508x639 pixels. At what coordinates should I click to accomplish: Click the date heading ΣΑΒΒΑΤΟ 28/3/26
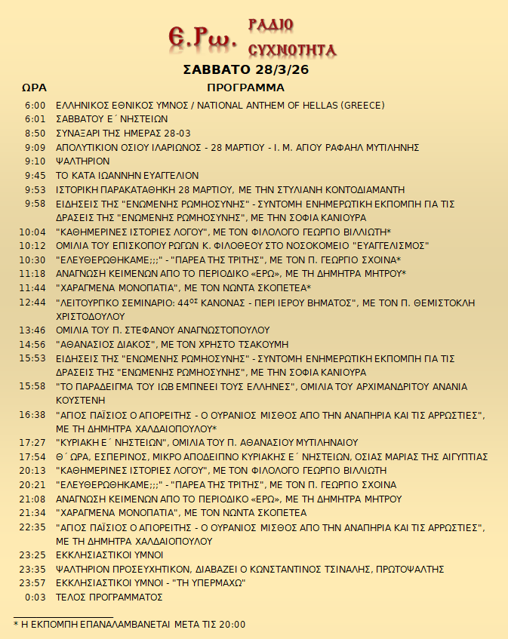click(246, 70)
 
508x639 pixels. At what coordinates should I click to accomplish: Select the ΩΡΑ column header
click(34, 88)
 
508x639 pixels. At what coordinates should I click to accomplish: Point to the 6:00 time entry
click(35, 105)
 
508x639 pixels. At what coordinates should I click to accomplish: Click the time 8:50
click(35, 133)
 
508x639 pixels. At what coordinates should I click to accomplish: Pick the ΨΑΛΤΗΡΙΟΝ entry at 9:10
click(83, 161)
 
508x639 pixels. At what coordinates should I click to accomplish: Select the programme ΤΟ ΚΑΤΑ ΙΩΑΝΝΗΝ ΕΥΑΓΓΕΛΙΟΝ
click(128, 175)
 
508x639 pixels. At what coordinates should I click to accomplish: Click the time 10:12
click(32, 245)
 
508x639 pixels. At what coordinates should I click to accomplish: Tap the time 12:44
click(32, 302)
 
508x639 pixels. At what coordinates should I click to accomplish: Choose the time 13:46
click(32, 330)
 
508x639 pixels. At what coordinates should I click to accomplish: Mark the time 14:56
click(32, 344)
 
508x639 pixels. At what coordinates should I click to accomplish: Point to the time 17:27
click(32, 442)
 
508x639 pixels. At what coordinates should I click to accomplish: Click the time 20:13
click(32, 470)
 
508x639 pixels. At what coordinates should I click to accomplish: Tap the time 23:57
click(32, 582)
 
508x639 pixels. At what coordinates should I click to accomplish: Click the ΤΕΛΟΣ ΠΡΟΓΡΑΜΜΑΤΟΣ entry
click(110, 597)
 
